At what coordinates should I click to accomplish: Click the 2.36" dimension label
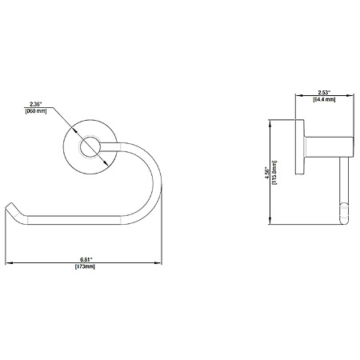click(x=36, y=104)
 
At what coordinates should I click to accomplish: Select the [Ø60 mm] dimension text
click(x=36, y=111)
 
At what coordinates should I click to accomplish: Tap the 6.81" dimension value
click(x=86, y=259)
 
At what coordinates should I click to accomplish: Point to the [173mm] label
click(x=85, y=266)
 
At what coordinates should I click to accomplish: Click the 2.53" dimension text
click(x=324, y=93)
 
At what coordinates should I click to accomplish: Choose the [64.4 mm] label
click(x=324, y=99)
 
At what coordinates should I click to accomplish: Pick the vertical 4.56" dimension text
click(x=268, y=173)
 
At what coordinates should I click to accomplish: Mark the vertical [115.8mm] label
click(x=274, y=173)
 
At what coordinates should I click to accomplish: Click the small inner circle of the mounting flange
click(x=90, y=147)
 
